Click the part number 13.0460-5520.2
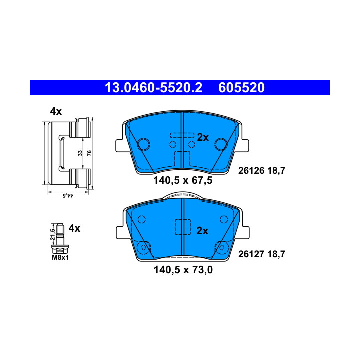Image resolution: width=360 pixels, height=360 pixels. [x=153, y=88]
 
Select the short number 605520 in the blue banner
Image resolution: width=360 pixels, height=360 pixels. [x=241, y=88]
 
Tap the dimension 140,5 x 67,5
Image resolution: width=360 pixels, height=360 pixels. [x=183, y=180]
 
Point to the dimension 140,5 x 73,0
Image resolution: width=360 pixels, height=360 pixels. [x=183, y=270]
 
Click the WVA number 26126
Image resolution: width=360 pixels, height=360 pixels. [x=251, y=170]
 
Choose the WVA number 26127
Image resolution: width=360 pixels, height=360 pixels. [x=251, y=254]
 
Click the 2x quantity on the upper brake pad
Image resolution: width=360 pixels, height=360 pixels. [x=203, y=137]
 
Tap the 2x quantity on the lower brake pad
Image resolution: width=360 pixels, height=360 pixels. [x=202, y=231]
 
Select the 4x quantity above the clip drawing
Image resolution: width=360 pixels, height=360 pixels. [x=56, y=111]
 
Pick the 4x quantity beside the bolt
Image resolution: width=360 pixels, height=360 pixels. [x=74, y=228]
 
